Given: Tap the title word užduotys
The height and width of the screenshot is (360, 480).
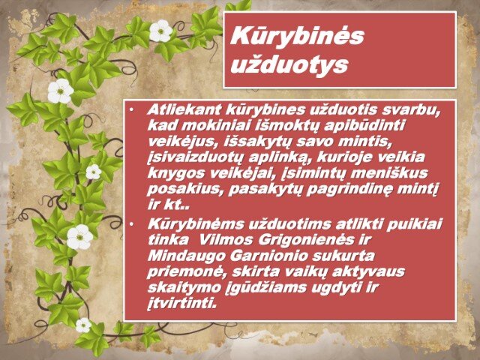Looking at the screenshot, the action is pyautogui.click(x=289, y=65).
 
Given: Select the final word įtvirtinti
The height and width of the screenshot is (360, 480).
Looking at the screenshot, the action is pyautogui.click(x=182, y=303).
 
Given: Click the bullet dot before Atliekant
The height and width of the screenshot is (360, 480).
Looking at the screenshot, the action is pyautogui.click(x=131, y=110).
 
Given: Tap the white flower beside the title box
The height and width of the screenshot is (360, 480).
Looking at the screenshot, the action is pyautogui.click(x=160, y=31).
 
